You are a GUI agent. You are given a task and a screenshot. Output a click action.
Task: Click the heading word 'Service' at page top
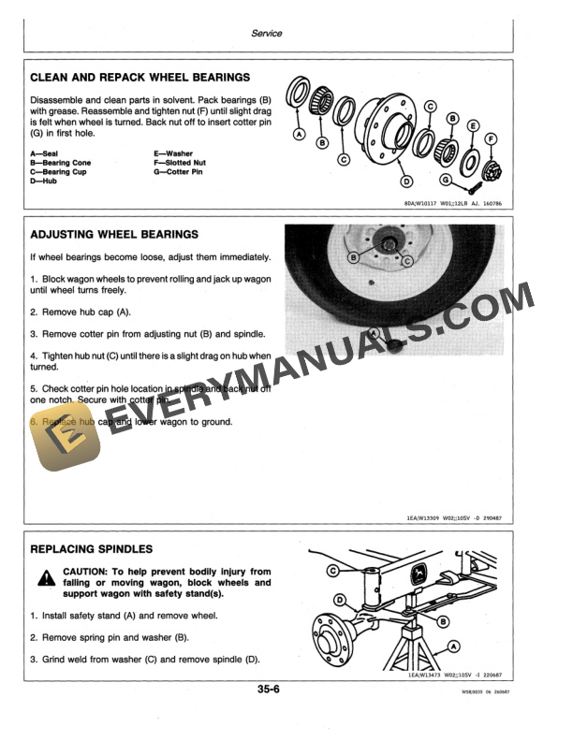click(267, 33)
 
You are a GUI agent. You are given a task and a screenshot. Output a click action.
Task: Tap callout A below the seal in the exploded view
click(299, 135)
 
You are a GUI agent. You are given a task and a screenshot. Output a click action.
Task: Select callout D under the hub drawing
click(406, 181)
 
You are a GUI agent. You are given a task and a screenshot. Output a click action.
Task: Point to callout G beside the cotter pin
click(446, 179)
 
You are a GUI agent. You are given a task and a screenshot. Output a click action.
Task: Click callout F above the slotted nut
click(492, 140)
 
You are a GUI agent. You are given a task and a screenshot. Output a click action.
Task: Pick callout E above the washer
click(473, 125)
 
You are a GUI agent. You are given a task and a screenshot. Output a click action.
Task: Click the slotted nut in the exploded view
click(489, 170)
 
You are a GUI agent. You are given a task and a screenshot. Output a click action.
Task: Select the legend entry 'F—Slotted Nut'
click(181, 163)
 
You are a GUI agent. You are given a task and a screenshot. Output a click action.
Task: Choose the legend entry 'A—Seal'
click(45, 153)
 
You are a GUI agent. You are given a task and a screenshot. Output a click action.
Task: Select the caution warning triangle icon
click(44, 580)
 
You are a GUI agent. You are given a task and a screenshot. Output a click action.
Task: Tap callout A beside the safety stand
click(453, 646)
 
